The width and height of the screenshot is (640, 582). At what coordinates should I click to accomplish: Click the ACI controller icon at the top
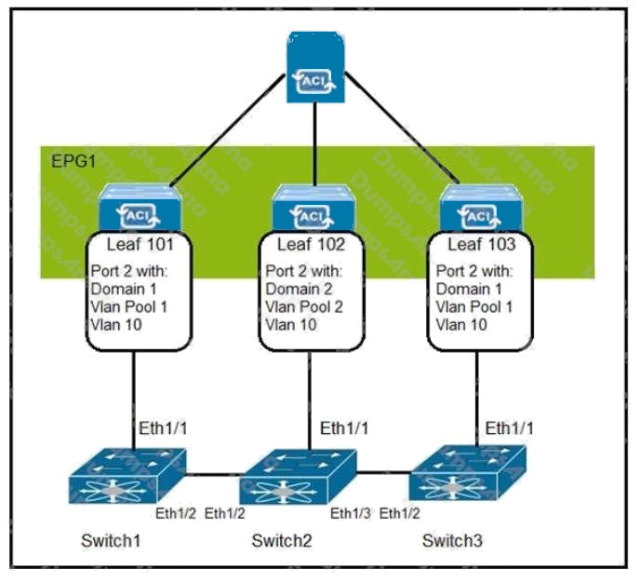pos(315,67)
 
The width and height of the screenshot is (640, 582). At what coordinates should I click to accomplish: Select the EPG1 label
pos(73,161)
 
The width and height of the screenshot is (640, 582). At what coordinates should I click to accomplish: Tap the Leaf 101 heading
pos(140,244)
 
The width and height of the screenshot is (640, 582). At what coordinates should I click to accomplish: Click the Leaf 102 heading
pos(311,244)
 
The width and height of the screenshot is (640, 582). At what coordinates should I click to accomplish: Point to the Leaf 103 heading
pos(482,244)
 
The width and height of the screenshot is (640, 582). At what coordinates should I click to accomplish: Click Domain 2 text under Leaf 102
pos(299,289)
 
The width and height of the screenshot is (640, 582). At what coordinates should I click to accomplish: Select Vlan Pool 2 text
pos(304,307)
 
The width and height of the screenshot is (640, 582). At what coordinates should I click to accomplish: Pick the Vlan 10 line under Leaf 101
pos(116,325)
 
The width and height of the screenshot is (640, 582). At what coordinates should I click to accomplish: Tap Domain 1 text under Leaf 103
pos(469,289)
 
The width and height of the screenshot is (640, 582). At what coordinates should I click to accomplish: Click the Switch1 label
pos(111,541)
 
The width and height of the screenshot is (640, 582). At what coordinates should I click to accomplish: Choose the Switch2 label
pos(282,541)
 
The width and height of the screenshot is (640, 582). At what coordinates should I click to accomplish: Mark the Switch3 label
pos(452,541)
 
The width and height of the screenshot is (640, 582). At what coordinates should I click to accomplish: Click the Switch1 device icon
pos(127,476)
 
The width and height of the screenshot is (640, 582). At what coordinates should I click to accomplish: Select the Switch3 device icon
pos(468,473)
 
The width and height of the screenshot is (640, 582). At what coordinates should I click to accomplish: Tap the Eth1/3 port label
pos(350,513)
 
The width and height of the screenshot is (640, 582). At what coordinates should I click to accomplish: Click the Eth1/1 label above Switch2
pos(344,428)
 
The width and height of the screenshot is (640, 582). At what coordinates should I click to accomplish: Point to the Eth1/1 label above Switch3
pos(509,428)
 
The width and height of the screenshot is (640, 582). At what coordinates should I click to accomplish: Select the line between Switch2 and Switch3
pos(383,473)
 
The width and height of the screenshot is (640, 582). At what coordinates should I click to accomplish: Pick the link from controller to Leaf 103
pos(402,128)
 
